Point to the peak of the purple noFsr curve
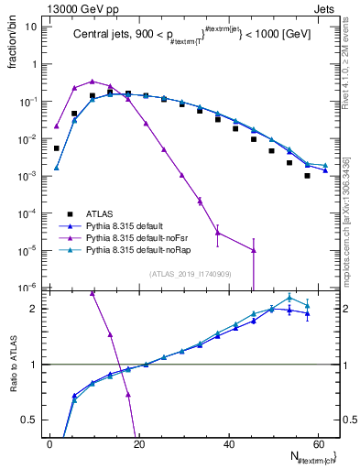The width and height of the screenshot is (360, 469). click(x=92, y=81)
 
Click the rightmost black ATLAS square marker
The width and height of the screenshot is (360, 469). click(x=308, y=175)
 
